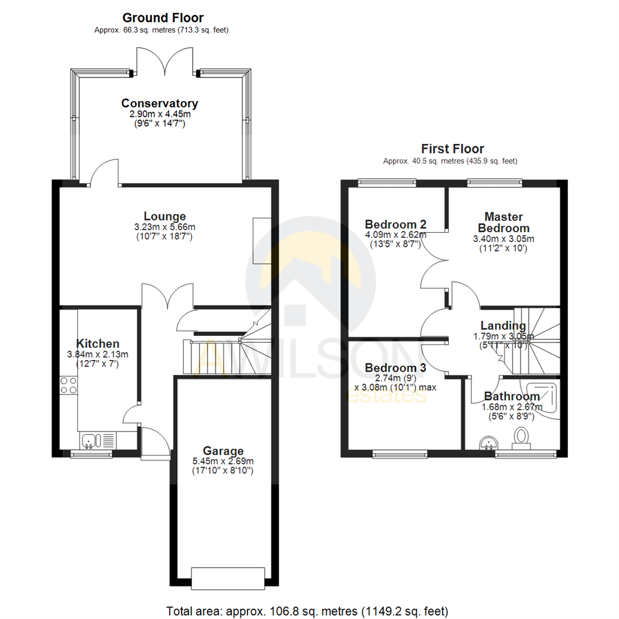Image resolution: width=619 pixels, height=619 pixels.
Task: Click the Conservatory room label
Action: (x=159, y=104)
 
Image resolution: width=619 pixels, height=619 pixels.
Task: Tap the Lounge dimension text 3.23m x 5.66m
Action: (x=164, y=227)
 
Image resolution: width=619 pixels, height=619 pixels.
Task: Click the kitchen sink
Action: (x=89, y=441)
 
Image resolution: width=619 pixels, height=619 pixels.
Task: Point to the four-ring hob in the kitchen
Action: (x=69, y=385)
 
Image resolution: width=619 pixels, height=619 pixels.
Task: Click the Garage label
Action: (x=222, y=451)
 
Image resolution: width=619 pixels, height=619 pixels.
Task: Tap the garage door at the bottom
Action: (x=228, y=577)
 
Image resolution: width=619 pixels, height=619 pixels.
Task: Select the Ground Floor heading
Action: (x=163, y=18)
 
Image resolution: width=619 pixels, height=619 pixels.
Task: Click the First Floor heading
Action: (x=453, y=149)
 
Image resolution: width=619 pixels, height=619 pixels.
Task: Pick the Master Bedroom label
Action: (x=503, y=222)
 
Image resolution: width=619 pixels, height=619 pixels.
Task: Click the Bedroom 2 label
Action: (x=395, y=224)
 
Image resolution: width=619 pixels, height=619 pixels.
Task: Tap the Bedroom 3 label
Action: (x=395, y=368)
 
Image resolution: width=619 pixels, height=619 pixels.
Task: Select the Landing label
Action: (x=503, y=326)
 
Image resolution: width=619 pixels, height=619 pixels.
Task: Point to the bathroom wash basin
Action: (x=488, y=442)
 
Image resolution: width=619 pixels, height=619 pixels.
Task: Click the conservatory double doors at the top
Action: (x=165, y=63)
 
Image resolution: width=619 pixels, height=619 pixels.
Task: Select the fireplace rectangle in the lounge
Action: (x=262, y=241)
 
